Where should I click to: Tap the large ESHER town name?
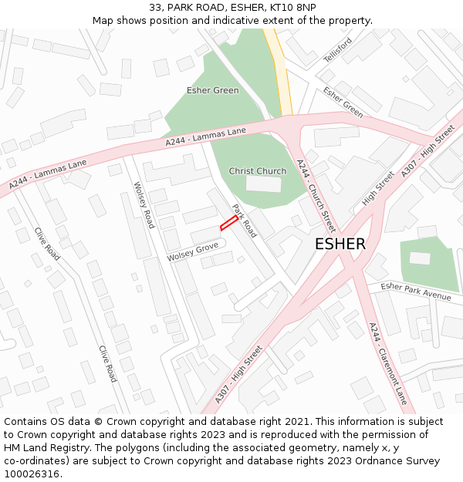(x=340, y=244)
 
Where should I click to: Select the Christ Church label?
(x=257, y=171)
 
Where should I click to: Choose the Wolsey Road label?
(x=144, y=205)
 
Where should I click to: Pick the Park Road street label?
(x=245, y=221)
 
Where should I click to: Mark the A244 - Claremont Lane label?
(x=387, y=363)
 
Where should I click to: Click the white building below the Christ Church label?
(x=263, y=184)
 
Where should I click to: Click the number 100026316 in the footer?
(x=33, y=474)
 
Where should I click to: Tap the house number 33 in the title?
(x=156, y=8)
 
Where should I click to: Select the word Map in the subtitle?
(x=103, y=20)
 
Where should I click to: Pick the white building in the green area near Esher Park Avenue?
(x=420, y=258)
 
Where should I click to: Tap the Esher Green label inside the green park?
(x=212, y=90)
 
